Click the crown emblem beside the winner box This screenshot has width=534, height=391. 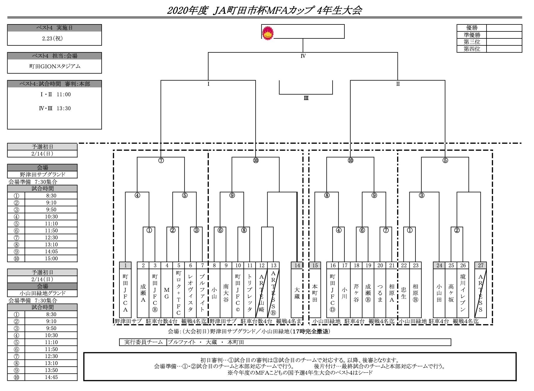[x=268, y=33]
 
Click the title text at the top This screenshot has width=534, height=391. [x=264, y=10]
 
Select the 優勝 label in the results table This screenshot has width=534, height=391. [x=472, y=28]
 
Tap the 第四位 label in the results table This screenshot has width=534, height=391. [x=472, y=49]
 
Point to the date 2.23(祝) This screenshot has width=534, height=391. [x=52, y=38]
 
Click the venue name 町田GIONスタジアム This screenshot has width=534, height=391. [x=55, y=66]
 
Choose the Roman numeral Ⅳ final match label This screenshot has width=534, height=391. [x=303, y=56]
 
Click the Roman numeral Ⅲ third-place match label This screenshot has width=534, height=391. [x=306, y=98]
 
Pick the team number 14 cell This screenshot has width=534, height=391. [x=297, y=265]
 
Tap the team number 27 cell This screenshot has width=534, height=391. [x=480, y=265]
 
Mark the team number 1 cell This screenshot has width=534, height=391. [x=125, y=265]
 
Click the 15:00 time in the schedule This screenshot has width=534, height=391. [x=51, y=259]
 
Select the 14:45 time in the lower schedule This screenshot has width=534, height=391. [x=51, y=377]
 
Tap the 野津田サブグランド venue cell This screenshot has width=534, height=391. [x=43, y=175]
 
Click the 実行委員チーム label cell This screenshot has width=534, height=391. [x=143, y=342]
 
